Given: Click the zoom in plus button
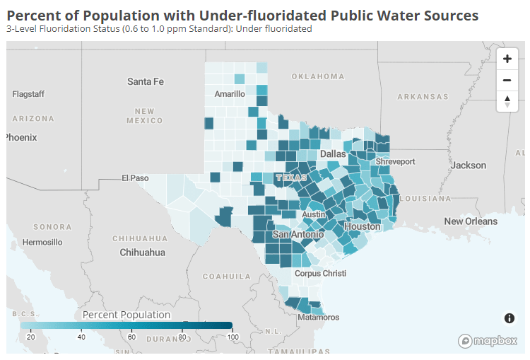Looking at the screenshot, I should [507, 59].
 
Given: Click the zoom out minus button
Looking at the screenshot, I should [507, 80].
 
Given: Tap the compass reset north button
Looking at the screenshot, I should [507, 101].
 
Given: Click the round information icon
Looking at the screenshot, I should [509, 318].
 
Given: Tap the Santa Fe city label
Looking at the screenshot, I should [146, 81].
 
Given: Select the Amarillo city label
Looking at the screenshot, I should [230, 93].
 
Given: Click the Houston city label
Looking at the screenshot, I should [363, 226].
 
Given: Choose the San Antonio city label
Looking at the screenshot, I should [298, 233].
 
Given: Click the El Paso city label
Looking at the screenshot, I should [135, 178].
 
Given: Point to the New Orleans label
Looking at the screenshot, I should [471, 221].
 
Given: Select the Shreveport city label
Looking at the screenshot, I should [395, 161].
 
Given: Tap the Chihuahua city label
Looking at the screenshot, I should [142, 252].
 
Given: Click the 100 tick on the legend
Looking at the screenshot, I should [231, 337].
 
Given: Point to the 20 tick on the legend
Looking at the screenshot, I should [30, 337].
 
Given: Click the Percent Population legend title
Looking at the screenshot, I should [126, 315].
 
